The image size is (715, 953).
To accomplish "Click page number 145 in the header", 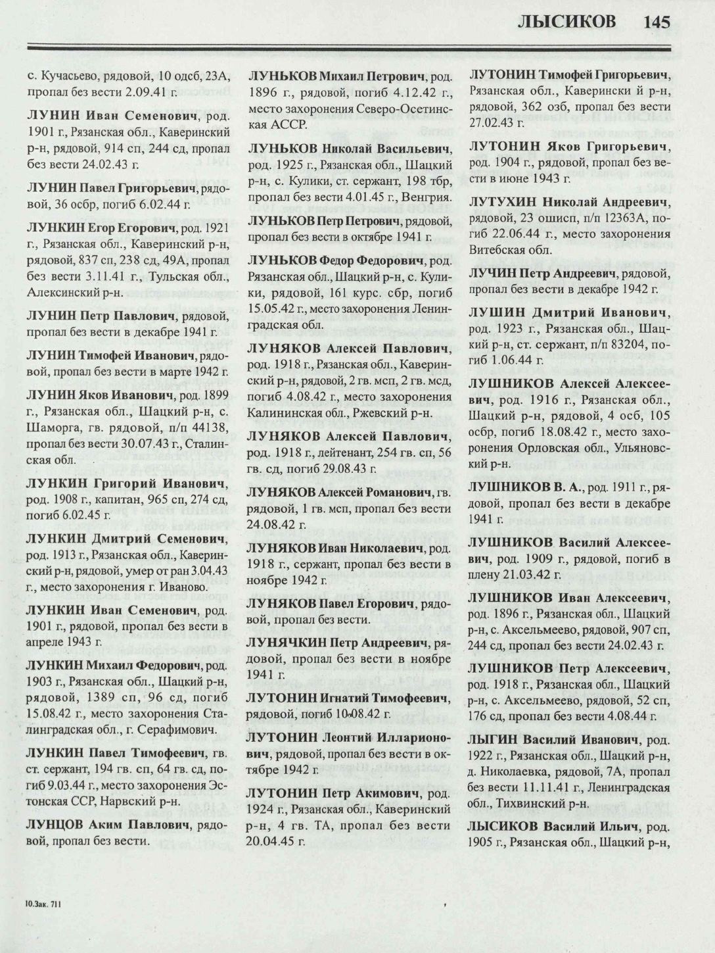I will point(657,22).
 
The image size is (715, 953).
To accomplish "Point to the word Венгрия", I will point(428,197).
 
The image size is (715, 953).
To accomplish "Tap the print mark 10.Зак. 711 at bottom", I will point(43,904).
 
